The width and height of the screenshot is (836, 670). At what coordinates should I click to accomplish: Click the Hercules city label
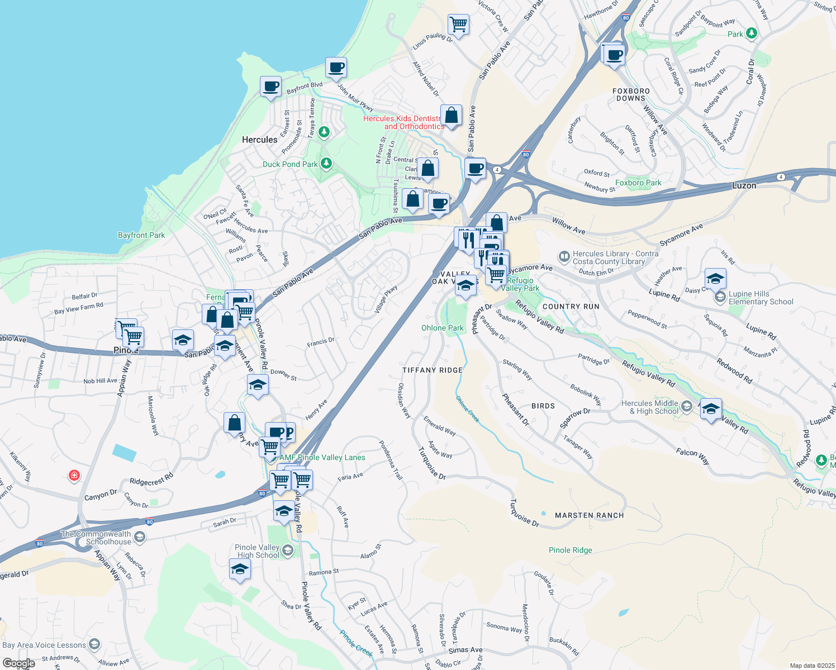coord(259,140)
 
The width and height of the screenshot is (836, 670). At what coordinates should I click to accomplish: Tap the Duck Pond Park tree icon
coord(326,164)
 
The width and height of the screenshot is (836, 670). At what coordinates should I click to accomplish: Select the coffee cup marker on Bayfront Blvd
coord(270,87)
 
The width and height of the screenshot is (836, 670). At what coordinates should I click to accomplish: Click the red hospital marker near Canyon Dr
coord(74,476)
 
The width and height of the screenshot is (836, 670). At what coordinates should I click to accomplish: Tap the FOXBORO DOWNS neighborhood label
coord(631,94)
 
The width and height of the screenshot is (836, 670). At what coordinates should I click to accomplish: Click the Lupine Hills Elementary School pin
coord(720,297)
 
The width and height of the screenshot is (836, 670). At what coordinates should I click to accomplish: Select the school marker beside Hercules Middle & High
coord(710,410)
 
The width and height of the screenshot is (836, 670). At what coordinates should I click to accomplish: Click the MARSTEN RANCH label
coord(589,515)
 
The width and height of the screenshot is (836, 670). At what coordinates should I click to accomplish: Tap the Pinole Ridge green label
coord(570,550)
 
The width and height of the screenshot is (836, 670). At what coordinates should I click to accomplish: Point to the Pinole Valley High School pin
coord(287,551)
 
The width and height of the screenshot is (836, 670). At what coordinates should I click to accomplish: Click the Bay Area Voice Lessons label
coord(45,645)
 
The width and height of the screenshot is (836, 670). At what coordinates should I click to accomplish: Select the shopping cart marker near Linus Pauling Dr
coord(458,25)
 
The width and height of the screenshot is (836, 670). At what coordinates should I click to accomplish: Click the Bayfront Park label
coord(141,235)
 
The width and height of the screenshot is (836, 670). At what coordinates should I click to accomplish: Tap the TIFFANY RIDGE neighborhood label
coord(433,370)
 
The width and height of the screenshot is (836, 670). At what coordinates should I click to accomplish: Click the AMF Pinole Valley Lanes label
coord(322,457)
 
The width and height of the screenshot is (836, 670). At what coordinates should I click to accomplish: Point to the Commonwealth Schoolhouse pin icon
coord(140,537)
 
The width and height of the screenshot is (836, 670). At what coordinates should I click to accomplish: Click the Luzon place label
coord(744,185)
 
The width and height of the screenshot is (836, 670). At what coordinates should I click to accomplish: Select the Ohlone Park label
coord(442,328)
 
